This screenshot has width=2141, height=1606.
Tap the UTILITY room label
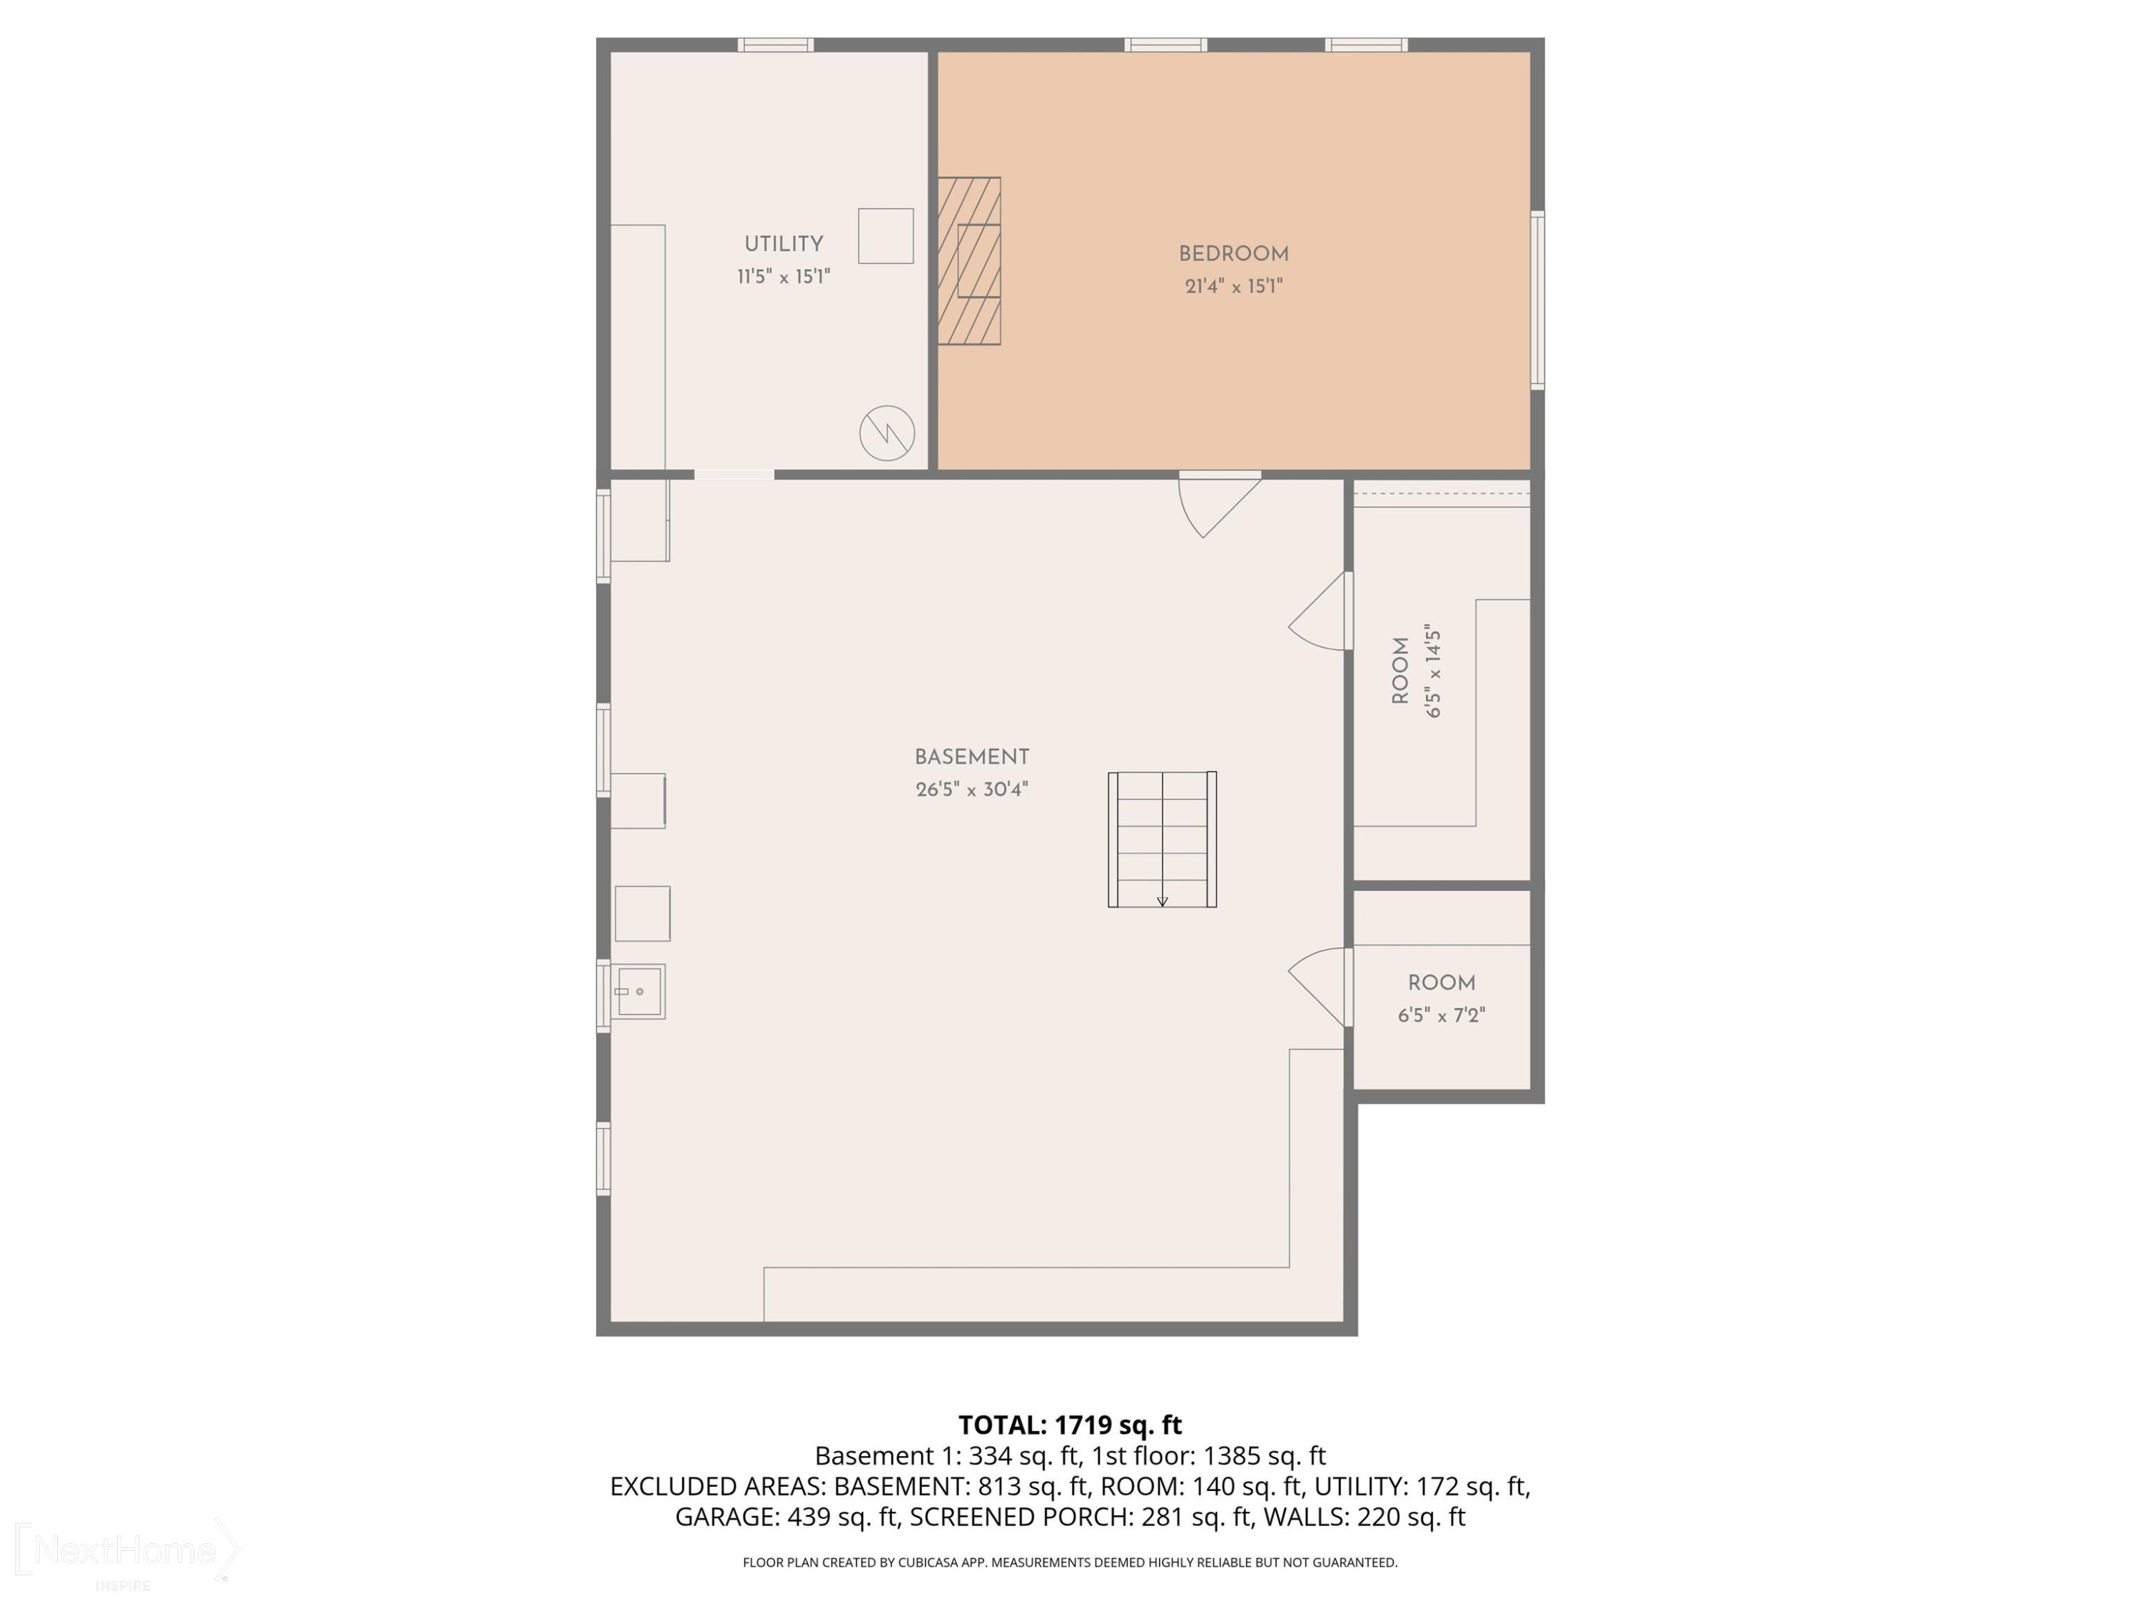[x=783, y=244]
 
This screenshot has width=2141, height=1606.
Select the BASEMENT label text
[x=972, y=757]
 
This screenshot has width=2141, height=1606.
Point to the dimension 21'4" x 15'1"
[x=1233, y=286]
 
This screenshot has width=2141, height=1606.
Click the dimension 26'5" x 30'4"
[x=972, y=789]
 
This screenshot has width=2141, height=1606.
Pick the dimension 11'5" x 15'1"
[x=783, y=277]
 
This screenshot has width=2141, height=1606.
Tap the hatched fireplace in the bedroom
[x=969, y=261]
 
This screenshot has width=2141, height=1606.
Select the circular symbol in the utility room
[x=886, y=432]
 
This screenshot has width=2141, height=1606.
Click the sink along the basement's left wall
[x=639, y=991]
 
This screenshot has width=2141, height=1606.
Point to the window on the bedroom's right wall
[x=1537, y=300]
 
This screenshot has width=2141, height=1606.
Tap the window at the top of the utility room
[x=775, y=44]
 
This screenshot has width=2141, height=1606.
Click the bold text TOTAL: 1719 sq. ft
[x=1070, y=1425]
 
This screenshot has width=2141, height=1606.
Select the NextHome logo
[x=126, y=1551]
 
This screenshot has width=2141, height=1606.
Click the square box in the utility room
[x=886, y=236]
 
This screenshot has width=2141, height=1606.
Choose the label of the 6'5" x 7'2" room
[x=1441, y=984]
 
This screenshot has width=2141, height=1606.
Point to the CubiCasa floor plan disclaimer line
[x=1070, y=1562]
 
